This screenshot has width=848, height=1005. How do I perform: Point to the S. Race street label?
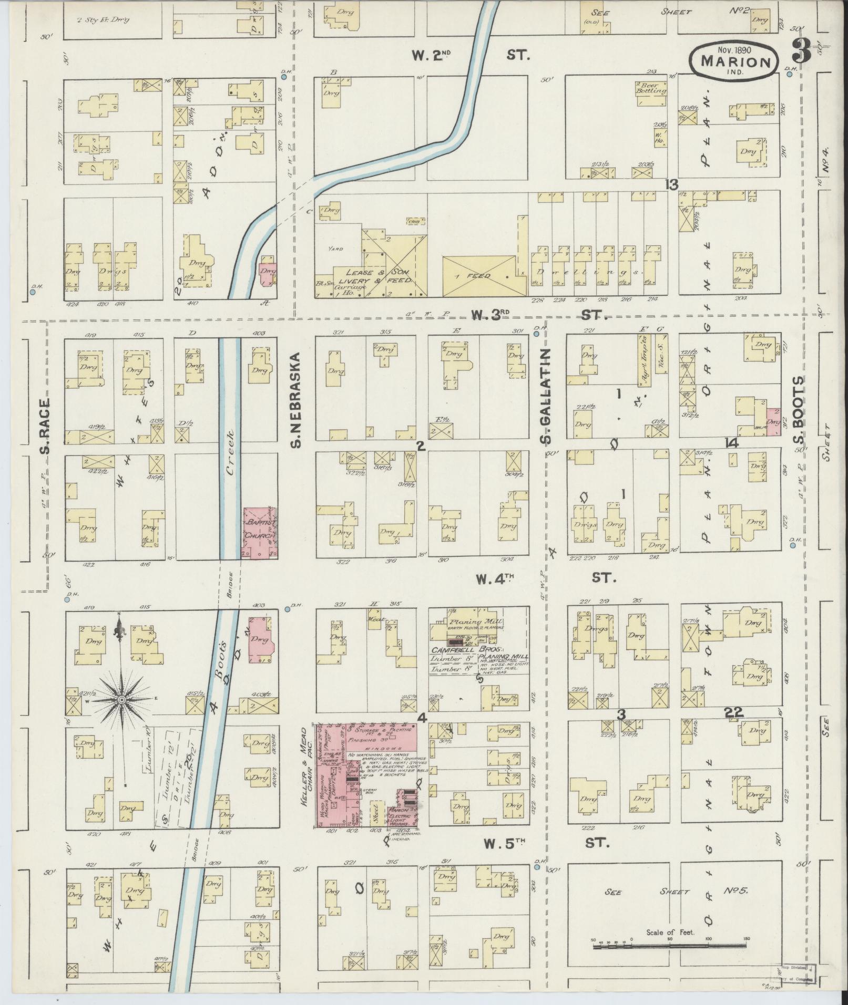pyautogui.click(x=46, y=428)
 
